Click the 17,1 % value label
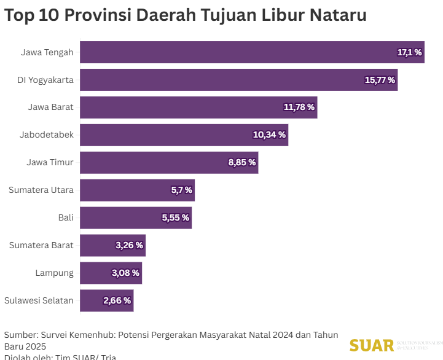click(409, 52)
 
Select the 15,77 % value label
click(380, 80)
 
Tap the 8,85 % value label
click(241, 163)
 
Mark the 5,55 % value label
click(175, 217)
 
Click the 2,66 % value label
click(117, 300)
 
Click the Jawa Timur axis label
click(50, 163)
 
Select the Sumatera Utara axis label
click(41, 190)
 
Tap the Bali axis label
click(66, 217)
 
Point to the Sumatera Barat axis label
click(41, 245)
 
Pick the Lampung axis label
click(55, 273)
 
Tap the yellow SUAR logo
click(372, 345)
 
